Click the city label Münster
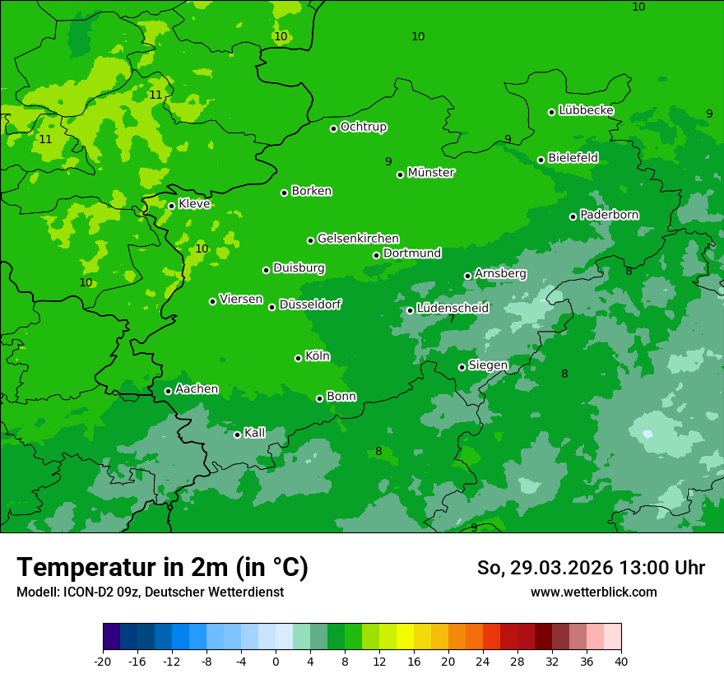(431, 173)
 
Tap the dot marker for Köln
(298, 358)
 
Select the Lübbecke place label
(586, 110)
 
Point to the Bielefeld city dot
(541, 160)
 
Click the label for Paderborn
(609, 215)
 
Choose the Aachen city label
(197, 389)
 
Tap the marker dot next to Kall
(237, 434)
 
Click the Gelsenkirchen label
(358, 239)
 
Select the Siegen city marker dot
(462, 367)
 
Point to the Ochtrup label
(363, 127)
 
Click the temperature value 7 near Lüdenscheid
(452, 319)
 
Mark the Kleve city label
(194, 204)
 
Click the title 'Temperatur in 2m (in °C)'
(162, 568)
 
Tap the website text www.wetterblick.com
(593, 592)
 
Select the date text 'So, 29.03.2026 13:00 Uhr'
(591, 568)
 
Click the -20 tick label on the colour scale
(103, 661)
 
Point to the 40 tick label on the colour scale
(621, 661)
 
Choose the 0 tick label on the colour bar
(276, 661)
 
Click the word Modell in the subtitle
(35, 592)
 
